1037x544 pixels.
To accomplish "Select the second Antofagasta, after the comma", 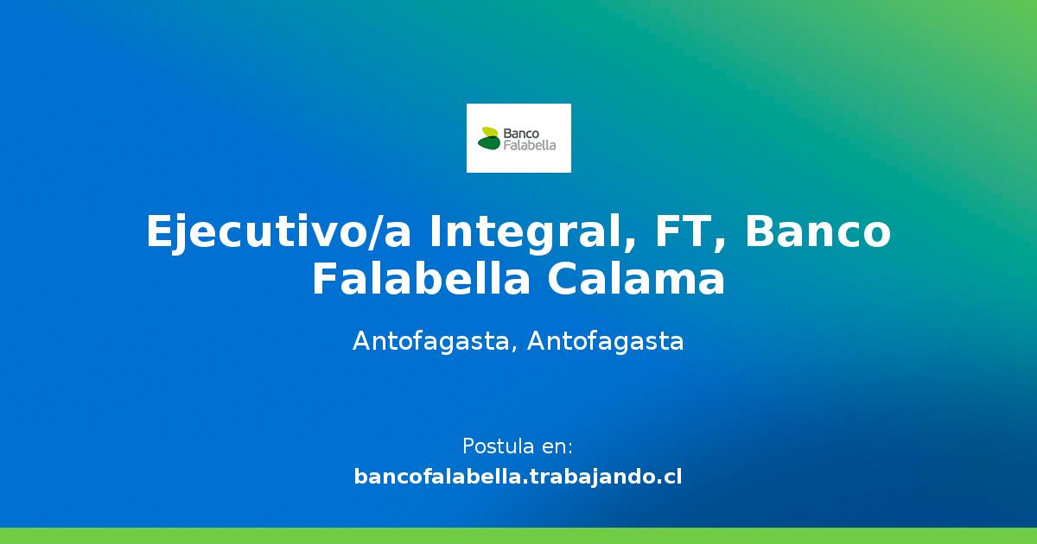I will point(605,341).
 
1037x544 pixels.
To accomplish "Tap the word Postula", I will point(498,446).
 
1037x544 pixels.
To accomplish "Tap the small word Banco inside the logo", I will point(521,134).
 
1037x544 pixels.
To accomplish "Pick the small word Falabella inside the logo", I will point(529,145).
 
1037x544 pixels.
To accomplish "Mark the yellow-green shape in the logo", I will point(490,132).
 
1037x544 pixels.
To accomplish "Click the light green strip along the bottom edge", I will point(518,535).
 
